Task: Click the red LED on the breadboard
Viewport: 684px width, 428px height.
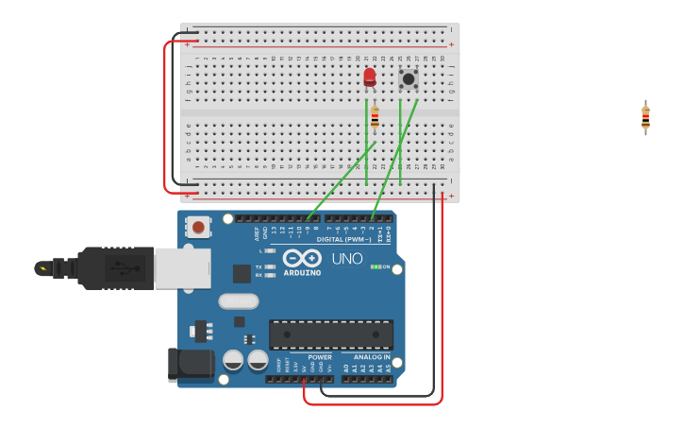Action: tap(369, 77)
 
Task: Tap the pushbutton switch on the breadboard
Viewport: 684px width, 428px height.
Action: tap(409, 78)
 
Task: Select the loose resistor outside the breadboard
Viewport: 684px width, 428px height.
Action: tap(645, 118)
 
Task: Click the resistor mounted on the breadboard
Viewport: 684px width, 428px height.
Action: tap(375, 117)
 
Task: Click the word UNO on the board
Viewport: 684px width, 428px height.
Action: tap(346, 258)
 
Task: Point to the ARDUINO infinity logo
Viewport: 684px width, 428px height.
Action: tap(302, 258)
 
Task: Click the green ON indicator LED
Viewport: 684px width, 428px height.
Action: tap(375, 266)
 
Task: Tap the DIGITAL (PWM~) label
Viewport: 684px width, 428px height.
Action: tap(343, 239)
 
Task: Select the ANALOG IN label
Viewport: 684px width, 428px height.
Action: tap(372, 357)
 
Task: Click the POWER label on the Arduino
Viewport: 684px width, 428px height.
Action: tap(320, 357)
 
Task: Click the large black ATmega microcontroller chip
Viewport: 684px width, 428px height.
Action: tap(331, 334)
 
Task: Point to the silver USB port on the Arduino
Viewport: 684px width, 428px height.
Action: tap(182, 268)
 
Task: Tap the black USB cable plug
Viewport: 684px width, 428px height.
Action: tap(113, 268)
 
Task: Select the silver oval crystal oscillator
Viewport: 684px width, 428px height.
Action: tap(238, 301)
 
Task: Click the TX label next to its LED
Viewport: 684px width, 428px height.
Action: tap(259, 266)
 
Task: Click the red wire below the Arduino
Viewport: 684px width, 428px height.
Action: tap(377, 403)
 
